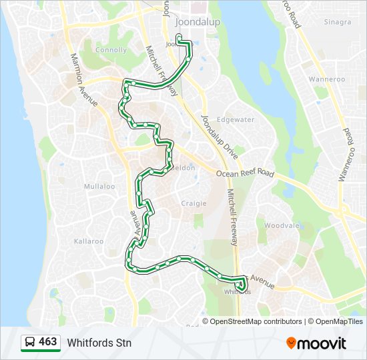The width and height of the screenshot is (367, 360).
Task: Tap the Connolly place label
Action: click(110, 50)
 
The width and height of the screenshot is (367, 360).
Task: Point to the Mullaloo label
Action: click(99, 187)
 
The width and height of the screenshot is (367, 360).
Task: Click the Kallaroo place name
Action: click(89, 241)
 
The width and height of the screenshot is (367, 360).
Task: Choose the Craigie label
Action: click(194, 203)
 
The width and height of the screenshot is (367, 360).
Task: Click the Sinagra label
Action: click(337, 22)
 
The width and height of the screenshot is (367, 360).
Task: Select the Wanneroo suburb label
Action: click(327, 79)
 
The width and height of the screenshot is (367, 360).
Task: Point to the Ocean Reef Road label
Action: click(245, 173)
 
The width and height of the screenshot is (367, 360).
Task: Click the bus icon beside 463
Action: click(29, 343)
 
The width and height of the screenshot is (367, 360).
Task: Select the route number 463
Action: click(47, 342)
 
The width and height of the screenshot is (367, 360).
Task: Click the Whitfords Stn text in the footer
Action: click(99, 343)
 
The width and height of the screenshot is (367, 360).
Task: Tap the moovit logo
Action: click(316, 343)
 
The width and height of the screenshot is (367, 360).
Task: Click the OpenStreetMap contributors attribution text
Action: click(256, 321)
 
